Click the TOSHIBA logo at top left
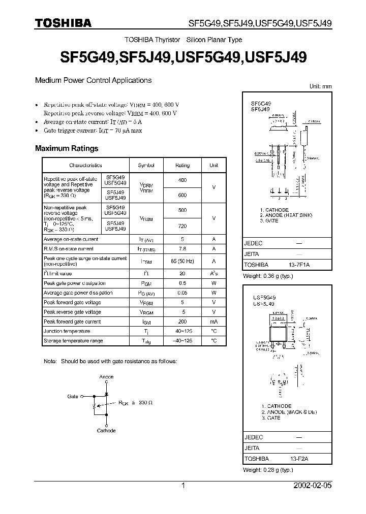(x=63, y=23)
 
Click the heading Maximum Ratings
(x=66, y=149)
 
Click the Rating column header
(x=182, y=165)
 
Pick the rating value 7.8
(x=182, y=249)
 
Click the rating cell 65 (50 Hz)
(x=182, y=261)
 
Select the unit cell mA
(x=213, y=322)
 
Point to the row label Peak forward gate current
(x=72, y=322)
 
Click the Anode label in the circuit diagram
(x=106, y=377)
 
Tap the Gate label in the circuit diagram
(x=73, y=396)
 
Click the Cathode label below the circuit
(x=106, y=431)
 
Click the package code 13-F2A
(x=300, y=459)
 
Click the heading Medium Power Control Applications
(x=93, y=80)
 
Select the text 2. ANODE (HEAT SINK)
(x=286, y=215)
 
